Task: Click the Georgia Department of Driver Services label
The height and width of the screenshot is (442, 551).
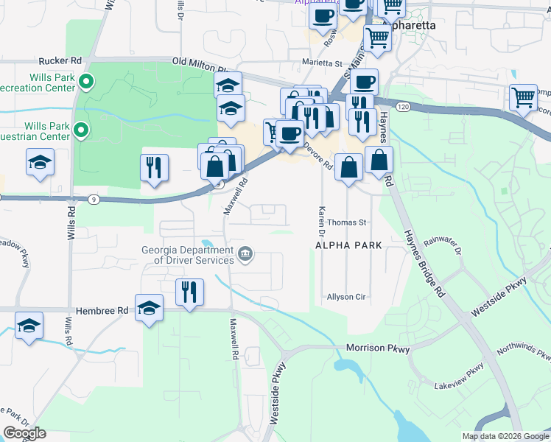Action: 188,254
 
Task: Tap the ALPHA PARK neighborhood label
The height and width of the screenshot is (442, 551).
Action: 348,245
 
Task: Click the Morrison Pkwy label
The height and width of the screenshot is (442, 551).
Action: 377,348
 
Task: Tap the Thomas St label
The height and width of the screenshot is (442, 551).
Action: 346,222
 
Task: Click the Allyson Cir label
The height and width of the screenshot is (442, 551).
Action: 346,297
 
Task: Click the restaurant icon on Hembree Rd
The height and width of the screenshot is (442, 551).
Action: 189,292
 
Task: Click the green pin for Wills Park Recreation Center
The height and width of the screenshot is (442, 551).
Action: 85,81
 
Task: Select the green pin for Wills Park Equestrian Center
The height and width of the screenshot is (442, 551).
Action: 82,133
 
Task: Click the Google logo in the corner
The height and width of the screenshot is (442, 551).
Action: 24,433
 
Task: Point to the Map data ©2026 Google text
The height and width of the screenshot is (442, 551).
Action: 505,436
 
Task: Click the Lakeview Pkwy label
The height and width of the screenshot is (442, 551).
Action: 459,376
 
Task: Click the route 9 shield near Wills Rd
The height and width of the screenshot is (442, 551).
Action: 92,199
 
